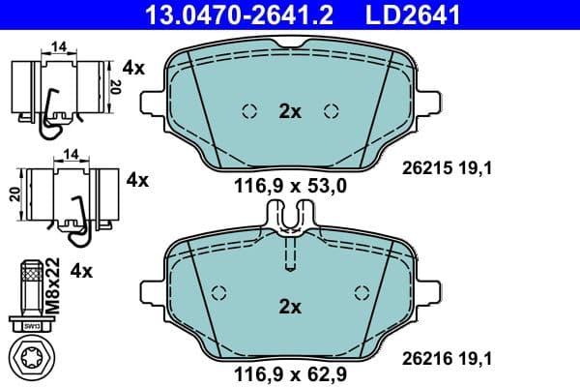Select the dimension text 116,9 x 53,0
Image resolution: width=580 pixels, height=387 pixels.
[x=290, y=184]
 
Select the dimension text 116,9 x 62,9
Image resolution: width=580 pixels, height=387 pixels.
[x=290, y=372]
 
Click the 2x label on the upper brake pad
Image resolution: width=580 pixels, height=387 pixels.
[x=290, y=111]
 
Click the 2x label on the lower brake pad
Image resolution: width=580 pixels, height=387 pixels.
[x=290, y=307]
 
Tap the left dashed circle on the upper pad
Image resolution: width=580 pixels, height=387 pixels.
[x=248, y=110]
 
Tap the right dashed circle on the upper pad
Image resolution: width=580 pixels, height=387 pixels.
[x=333, y=110]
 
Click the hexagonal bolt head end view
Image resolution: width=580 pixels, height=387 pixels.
[x=33, y=354]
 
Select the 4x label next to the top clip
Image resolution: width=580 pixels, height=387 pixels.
[x=133, y=68]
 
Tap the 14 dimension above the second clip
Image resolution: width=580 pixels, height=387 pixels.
[x=71, y=153]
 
